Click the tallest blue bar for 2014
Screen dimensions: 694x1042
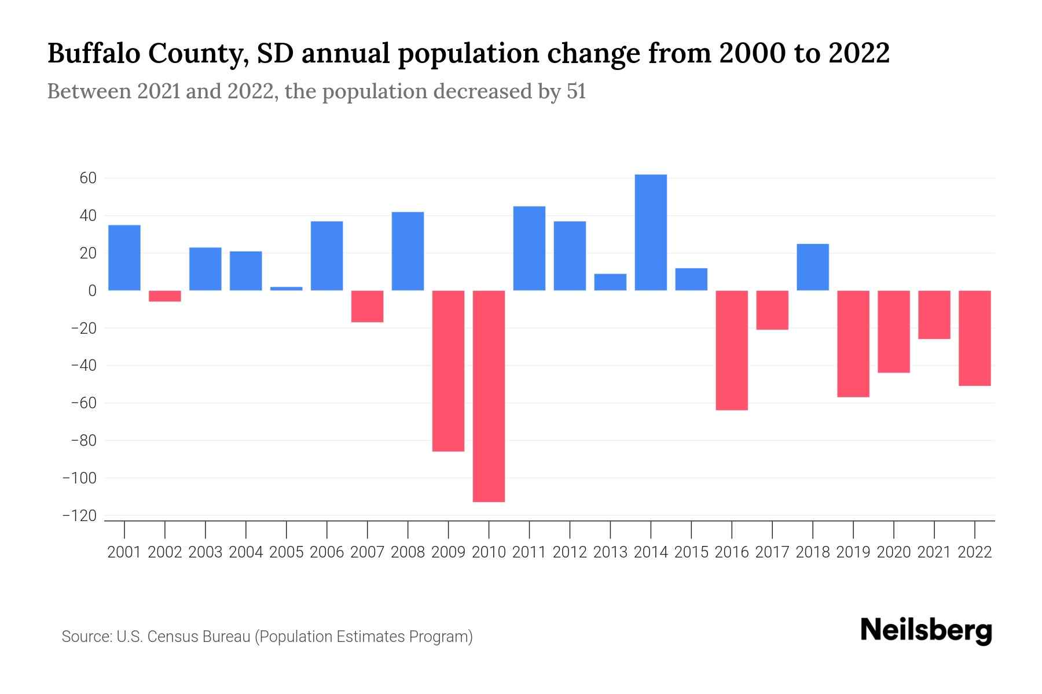(651, 232)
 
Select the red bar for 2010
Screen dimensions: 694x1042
(489, 396)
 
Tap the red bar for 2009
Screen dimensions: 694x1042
(448, 371)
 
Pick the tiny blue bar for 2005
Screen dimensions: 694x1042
(286, 289)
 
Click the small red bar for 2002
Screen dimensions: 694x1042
(165, 296)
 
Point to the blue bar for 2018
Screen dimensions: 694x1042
(813, 267)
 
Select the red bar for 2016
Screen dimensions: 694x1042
(732, 350)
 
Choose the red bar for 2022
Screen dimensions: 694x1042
(975, 338)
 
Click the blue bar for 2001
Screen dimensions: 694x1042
(124, 258)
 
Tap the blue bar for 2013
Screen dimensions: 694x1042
(610, 282)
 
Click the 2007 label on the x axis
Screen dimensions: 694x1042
(367, 552)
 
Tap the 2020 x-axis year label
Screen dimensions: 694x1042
(894, 552)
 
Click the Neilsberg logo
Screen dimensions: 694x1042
(926, 632)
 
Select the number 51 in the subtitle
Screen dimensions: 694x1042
(576, 91)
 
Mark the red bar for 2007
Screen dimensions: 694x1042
(367, 307)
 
